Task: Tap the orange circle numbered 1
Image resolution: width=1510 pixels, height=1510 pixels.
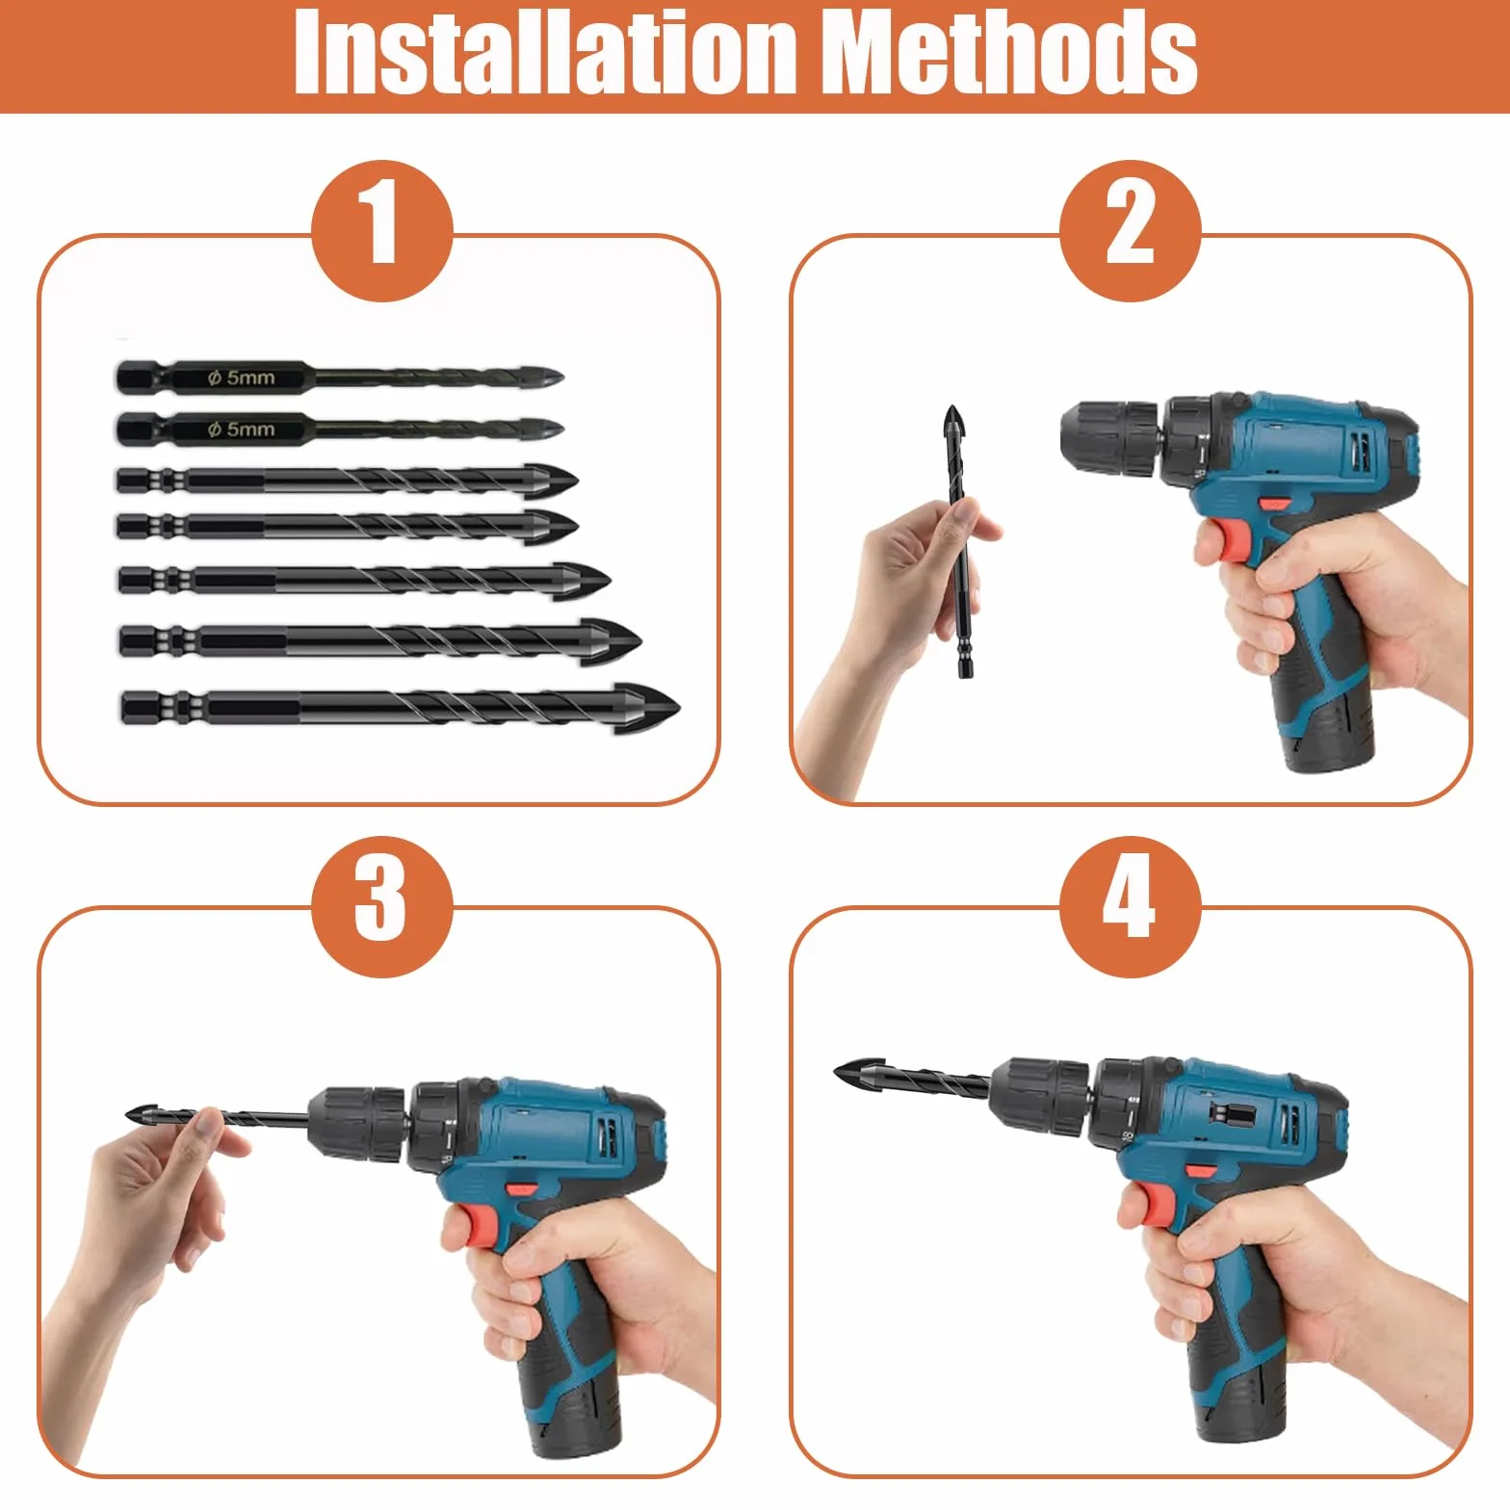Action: (382, 231)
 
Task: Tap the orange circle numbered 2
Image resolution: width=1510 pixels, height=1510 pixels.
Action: (1131, 231)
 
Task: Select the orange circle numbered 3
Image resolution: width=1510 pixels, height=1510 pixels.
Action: (382, 907)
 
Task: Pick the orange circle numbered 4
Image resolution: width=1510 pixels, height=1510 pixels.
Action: (1131, 907)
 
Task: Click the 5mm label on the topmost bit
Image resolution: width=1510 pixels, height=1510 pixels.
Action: (242, 377)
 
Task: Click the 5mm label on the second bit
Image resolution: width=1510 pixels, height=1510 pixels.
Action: (242, 429)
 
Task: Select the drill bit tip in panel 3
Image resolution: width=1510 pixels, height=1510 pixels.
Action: (127, 1115)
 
